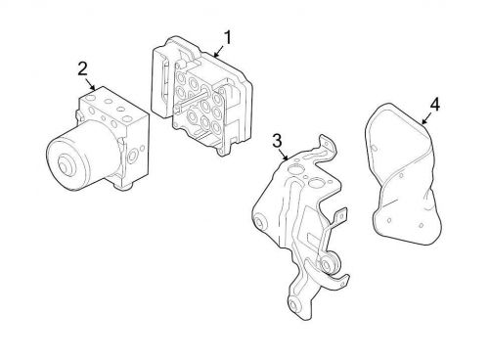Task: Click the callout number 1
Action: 227,38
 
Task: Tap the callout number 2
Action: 82,67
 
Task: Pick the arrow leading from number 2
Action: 90,83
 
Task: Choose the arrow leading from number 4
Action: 427,115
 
